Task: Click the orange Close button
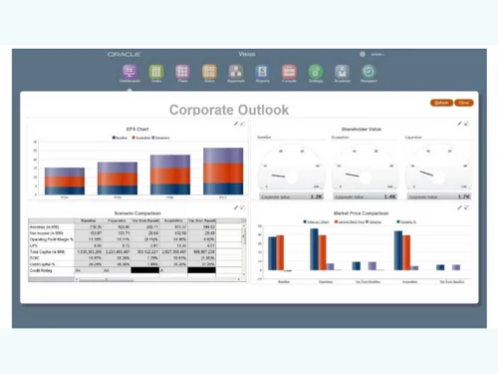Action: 464,103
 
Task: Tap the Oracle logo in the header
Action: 124,54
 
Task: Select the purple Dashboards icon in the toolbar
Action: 129,73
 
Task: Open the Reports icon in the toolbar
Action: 262,73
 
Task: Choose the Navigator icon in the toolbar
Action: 368,73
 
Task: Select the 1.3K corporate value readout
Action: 317,196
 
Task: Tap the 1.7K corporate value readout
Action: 463,196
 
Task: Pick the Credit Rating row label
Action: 42,270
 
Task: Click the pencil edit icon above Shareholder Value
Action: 458,124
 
